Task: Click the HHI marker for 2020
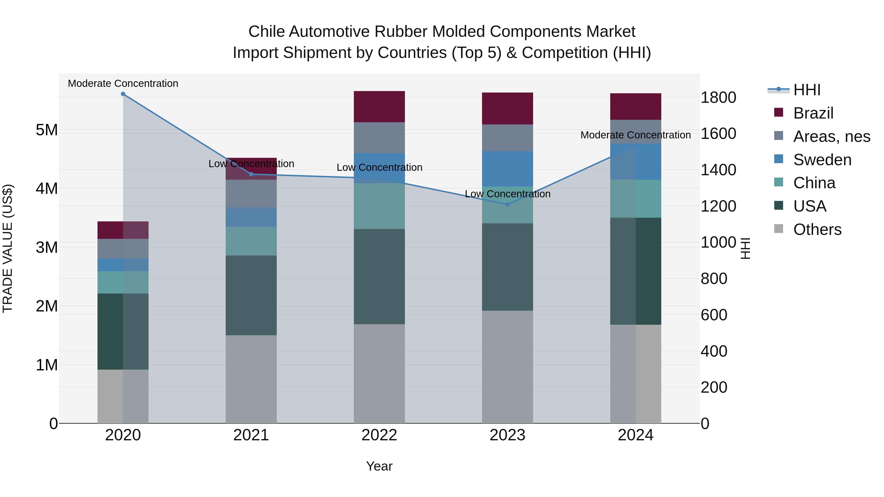click(x=123, y=94)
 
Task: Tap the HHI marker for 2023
click(x=508, y=204)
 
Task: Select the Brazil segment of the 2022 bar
click(x=379, y=107)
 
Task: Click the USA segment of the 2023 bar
click(x=508, y=267)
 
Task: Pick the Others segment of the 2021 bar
click(x=251, y=379)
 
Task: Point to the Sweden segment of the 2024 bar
click(x=635, y=161)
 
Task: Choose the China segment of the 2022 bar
click(x=379, y=206)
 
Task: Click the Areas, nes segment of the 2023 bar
click(x=508, y=138)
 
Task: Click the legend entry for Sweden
click(x=822, y=160)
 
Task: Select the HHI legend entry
click(x=806, y=90)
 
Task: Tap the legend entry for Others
click(x=817, y=229)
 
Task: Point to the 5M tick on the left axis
click(x=47, y=130)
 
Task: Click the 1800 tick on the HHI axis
click(x=718, y=98)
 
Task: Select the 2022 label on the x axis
click(x=379, y=435)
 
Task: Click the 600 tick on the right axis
click(x=714, y=315)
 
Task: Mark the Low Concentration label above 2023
click(x=508, y=194)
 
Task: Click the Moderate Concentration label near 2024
click(x=635, y=135)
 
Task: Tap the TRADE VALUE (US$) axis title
click(x=8, y=248)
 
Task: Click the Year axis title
click(x=379, y=466)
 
